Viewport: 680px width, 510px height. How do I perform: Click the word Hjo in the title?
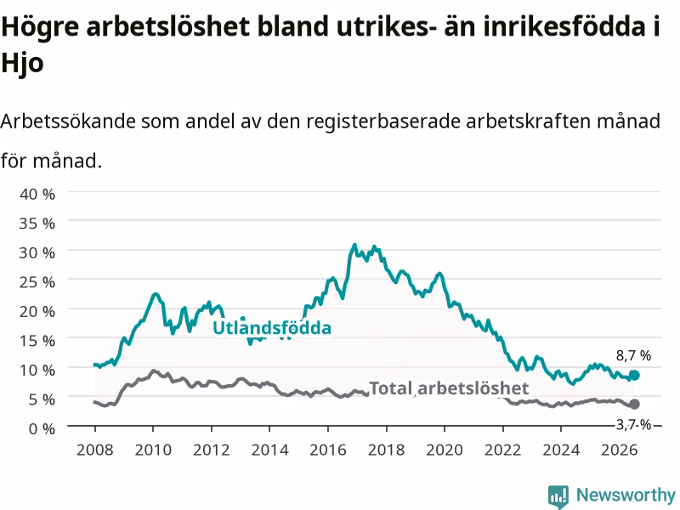point(22,64)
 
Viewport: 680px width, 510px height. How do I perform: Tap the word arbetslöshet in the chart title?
point(167,27)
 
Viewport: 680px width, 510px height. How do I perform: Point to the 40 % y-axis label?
point(37,194)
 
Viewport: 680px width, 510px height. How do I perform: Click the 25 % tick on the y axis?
point(37,282)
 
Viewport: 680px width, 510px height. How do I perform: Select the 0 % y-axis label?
point(42,428)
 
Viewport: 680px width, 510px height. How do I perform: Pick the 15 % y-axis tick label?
point(37,341)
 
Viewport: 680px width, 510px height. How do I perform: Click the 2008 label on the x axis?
point(95,450)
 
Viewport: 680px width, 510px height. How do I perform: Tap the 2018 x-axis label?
point(387,450)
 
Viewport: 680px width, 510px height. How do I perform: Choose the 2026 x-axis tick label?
point(620,450)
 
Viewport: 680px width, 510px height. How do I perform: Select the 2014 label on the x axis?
point(269,450)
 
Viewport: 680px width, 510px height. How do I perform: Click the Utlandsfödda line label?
point(272,328)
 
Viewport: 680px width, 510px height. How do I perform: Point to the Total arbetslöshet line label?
point(449,388)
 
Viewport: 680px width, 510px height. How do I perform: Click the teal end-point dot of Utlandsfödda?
point(634,375)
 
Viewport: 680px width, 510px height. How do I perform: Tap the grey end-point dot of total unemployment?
point(634,405)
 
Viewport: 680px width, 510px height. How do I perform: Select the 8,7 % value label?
point(633,355)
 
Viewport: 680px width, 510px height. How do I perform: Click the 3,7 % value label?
point(633,424)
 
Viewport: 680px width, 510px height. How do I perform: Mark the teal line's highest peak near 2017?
point(354,245)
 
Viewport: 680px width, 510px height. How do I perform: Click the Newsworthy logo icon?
point(558,496)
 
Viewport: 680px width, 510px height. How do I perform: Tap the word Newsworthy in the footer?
point(626,495)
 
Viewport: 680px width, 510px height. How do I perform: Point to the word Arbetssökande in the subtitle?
point(68,121)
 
